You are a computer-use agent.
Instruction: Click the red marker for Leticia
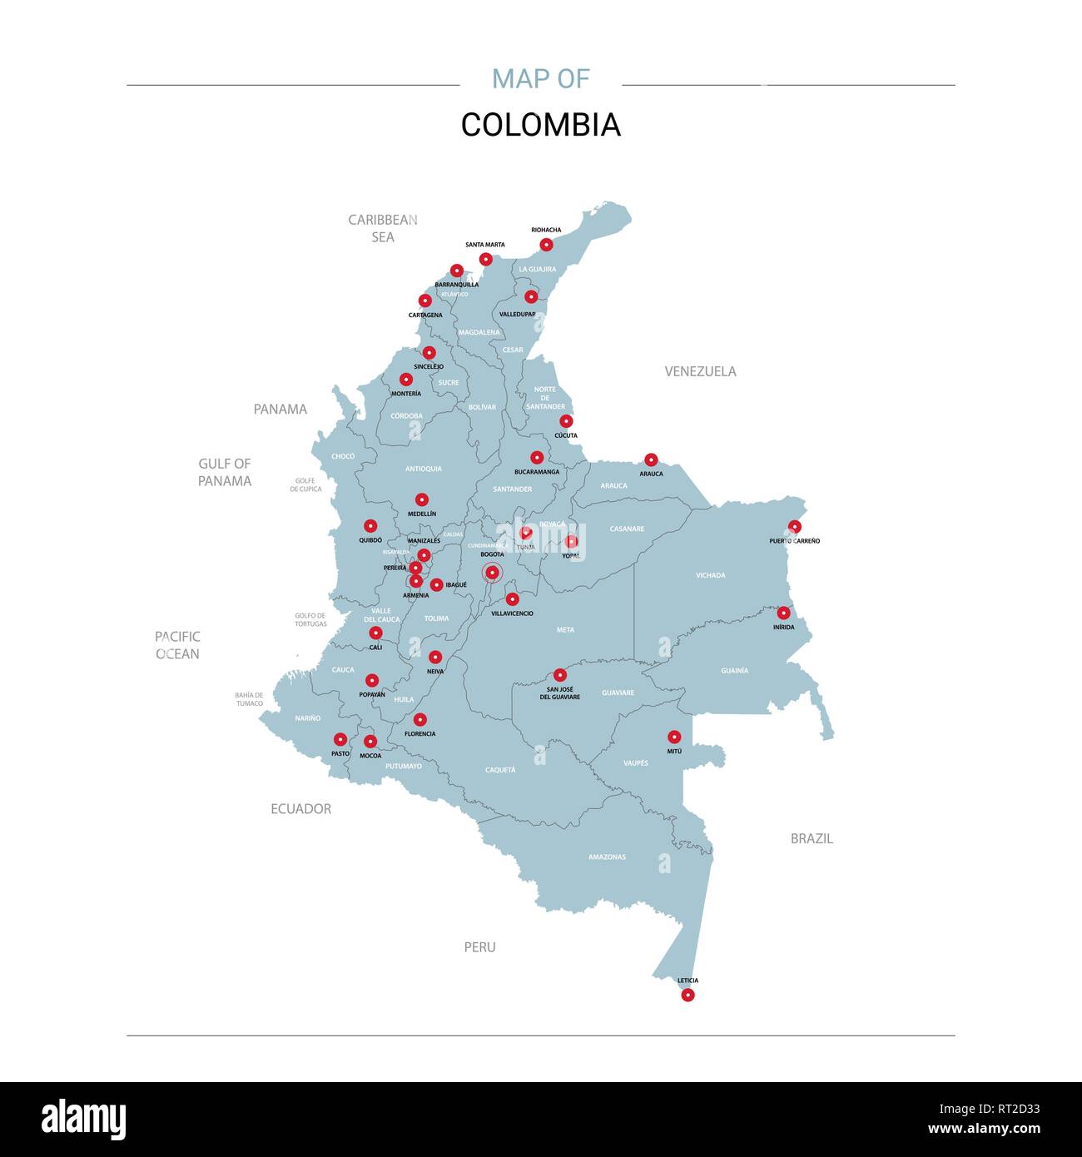[687, 995]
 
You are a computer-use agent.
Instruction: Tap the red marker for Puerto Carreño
[795, 527]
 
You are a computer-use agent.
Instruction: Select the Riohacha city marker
[546, 245]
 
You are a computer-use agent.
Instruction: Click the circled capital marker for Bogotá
[492, 572]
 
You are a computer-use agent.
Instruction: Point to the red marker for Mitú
[674, 737]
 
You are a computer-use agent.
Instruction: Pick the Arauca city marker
[651, 459]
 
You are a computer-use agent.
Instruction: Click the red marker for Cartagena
[424, 300]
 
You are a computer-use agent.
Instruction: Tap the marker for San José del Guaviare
[559, 675]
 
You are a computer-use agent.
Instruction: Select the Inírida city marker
[783, 613]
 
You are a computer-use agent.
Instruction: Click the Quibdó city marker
[370, 526]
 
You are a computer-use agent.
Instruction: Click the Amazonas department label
[607, 857]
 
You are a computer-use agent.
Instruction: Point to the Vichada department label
[710, 575]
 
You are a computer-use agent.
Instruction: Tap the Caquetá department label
[500, 770]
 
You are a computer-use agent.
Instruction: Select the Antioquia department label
[424, 469]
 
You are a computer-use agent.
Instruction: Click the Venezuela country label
[700, 371]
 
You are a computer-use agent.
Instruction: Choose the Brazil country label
[811, 838]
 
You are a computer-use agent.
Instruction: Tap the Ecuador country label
[300, 808]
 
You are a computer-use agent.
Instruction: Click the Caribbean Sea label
[383, 228]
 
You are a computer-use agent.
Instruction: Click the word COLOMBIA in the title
[541, 125]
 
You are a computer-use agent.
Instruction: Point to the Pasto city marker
[340, 739]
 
